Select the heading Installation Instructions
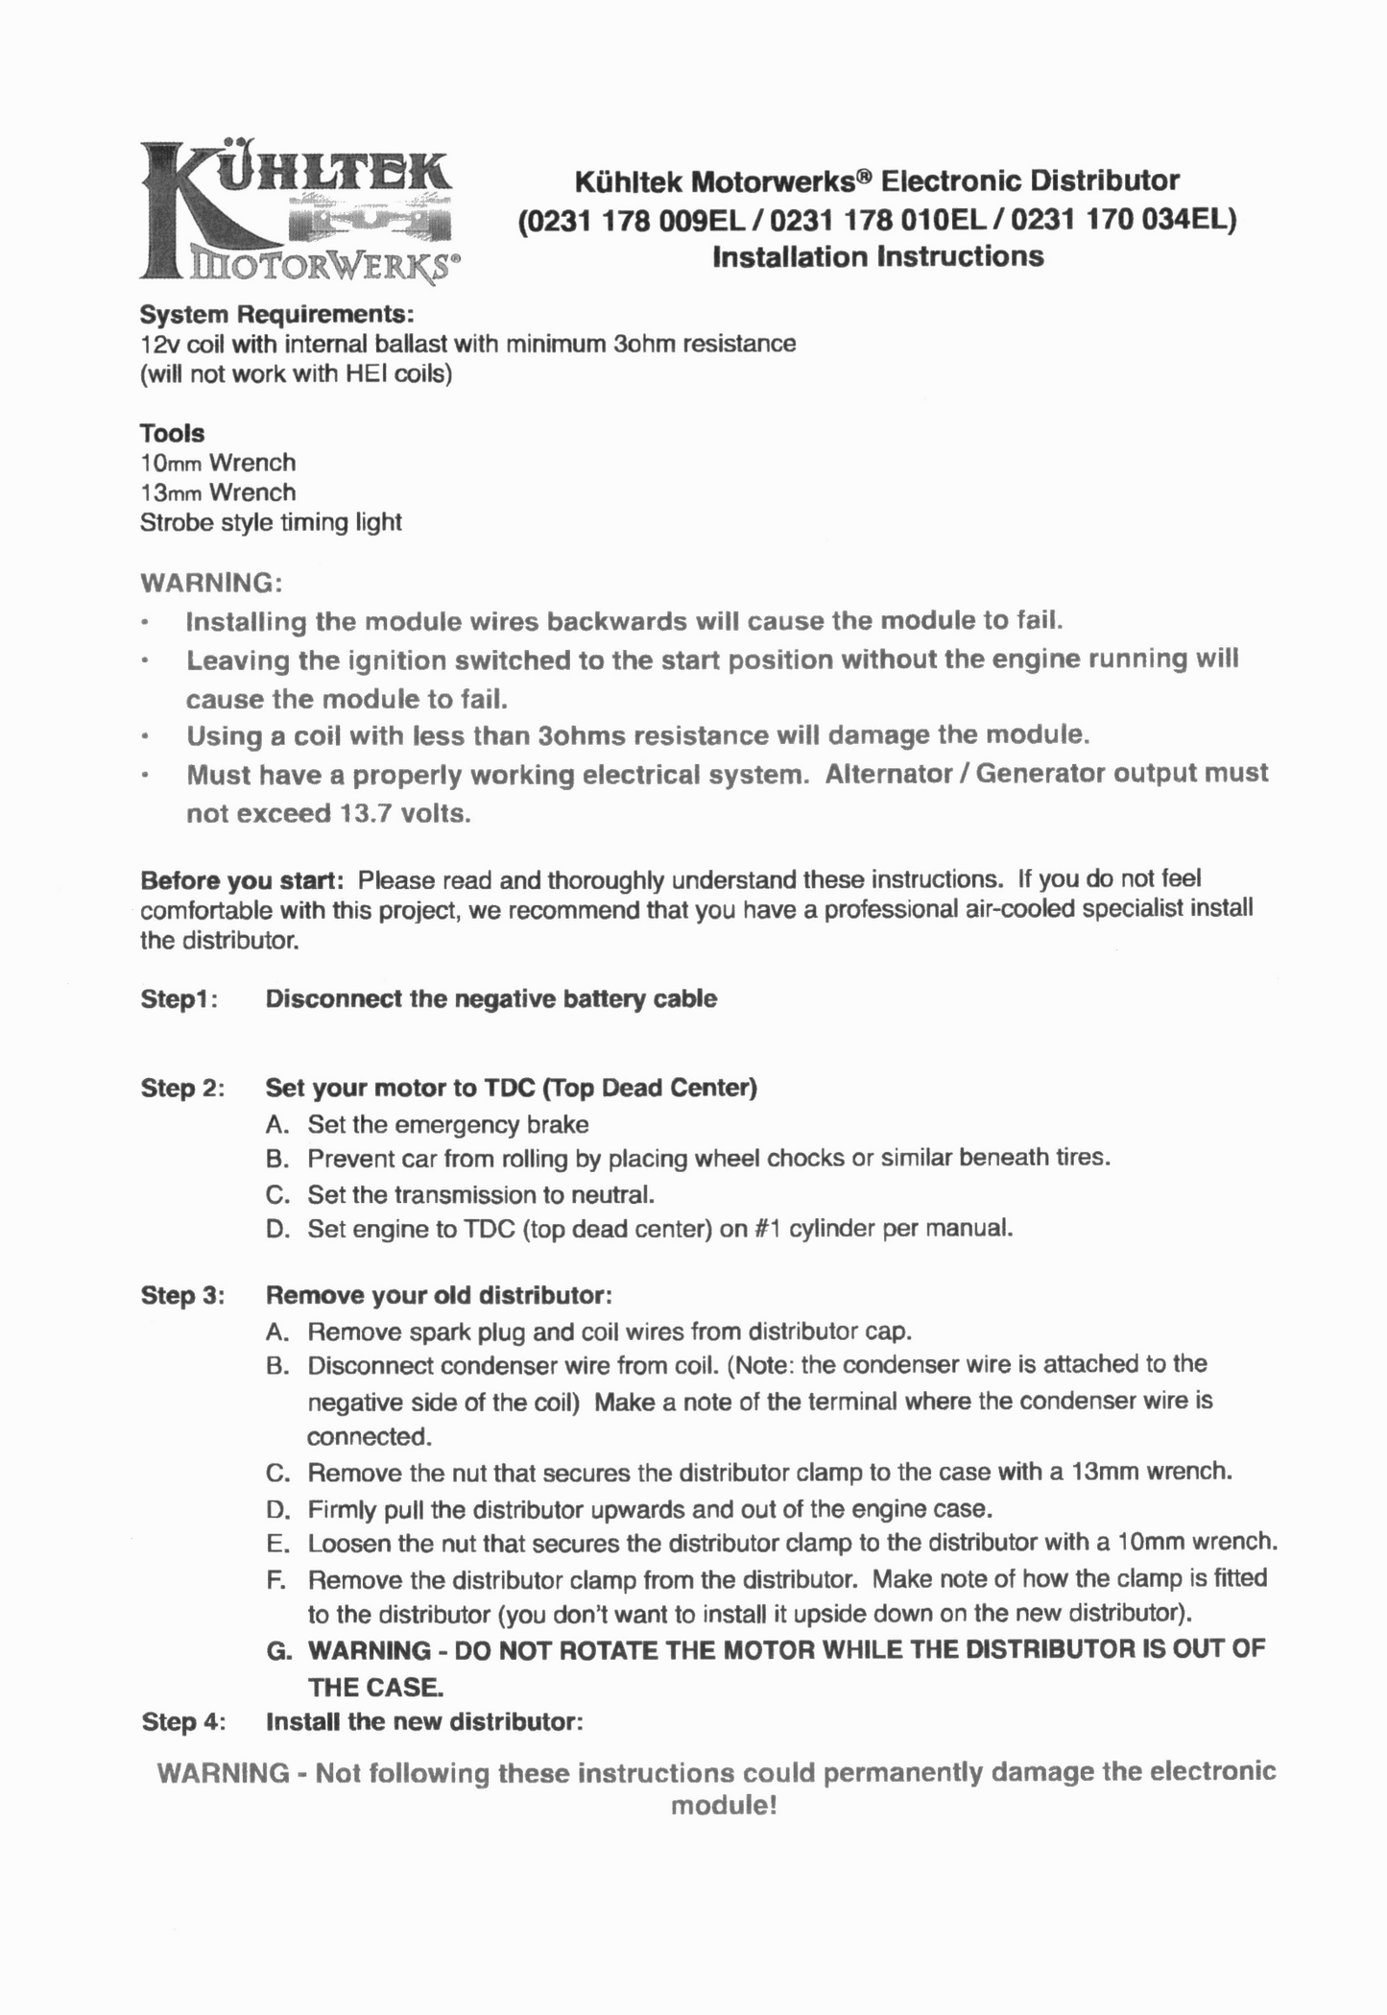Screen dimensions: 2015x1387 tap(877, 257)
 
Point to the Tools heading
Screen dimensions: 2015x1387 tap(172, 433)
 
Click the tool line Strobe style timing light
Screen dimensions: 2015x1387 tap(271, 522)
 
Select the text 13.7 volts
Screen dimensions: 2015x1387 tap(405, 814)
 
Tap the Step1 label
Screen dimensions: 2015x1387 tap(179, 999)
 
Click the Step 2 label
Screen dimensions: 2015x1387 tap(182, 1089)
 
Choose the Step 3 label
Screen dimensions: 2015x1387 tap(182, 1295)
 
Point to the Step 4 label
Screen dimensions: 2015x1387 tap(182, 1721)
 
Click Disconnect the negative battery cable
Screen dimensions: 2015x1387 tap(490, 999)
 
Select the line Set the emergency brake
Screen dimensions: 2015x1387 tap(447, 1124)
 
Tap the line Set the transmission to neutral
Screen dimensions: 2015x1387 tap(481, 1195)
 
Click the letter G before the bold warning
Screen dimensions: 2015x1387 tap(278, 1650)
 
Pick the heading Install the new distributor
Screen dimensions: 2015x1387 tap(424, 1721)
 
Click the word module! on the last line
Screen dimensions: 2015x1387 tap(723, 1806)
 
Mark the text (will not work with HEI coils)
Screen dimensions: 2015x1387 tap(296, 373)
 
